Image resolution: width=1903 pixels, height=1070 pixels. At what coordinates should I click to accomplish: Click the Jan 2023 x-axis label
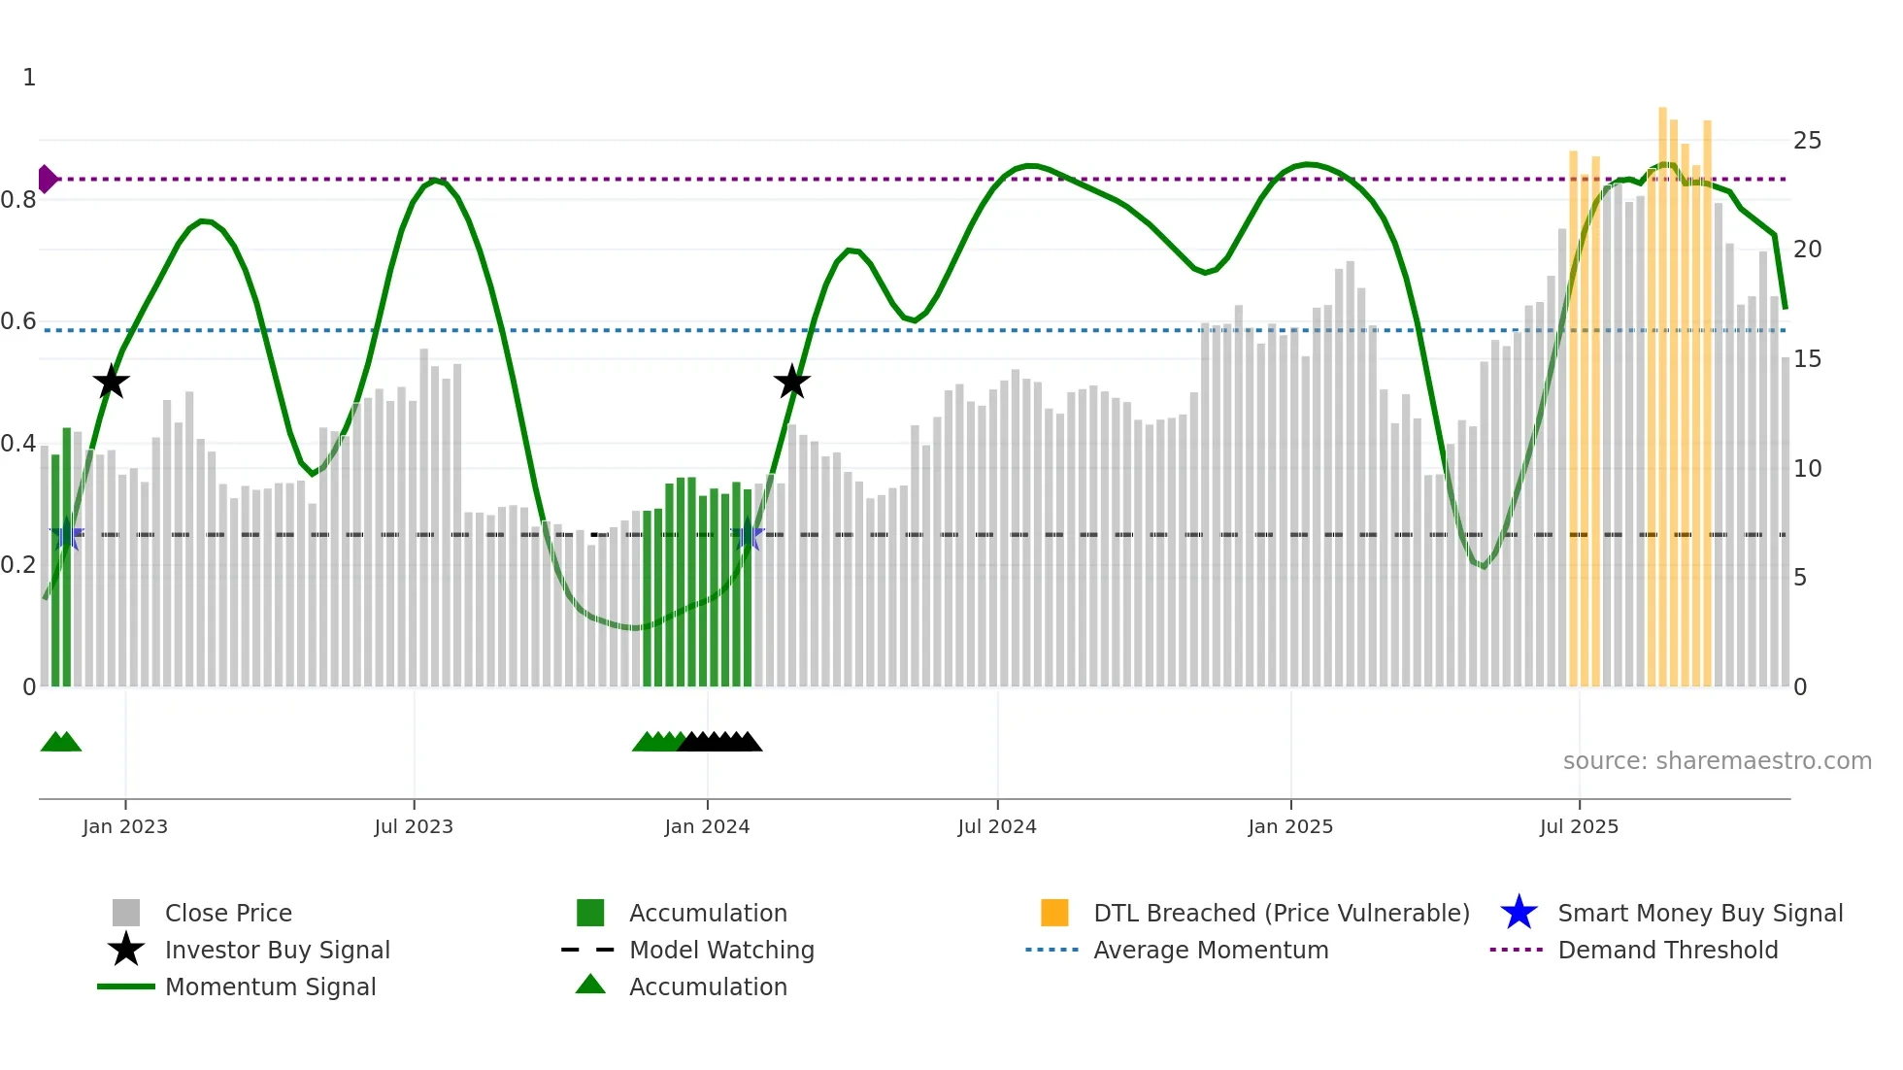pyautogui.click(x=125, y=826)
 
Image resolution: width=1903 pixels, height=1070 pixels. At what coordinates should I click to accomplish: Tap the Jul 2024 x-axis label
pyautogui.click(x=997, y=826)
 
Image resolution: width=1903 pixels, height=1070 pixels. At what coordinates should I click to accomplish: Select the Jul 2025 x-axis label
pyautogui.click(x=1579, y=826)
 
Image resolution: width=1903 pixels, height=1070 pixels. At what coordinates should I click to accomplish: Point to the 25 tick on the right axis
pyautogui.click(x=1807, y=141)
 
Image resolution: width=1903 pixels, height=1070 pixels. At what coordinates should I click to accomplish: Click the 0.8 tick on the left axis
pyautogui.click(x=19, y=200)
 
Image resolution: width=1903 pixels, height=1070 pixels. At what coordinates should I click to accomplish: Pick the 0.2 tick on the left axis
pyautogui.click(x=19, y=565)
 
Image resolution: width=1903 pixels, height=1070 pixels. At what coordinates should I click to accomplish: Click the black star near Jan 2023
pyautogui.click(x=112, y=383)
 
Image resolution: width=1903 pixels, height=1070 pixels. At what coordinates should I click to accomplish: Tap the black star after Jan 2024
pyautogui.click(x=792, y=383)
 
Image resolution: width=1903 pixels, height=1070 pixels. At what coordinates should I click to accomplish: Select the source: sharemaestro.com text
pyautogui.click(x=1717, y=760)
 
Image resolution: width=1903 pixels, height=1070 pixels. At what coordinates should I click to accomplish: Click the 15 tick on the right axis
pyautogui.click(x=1807, y=359)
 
